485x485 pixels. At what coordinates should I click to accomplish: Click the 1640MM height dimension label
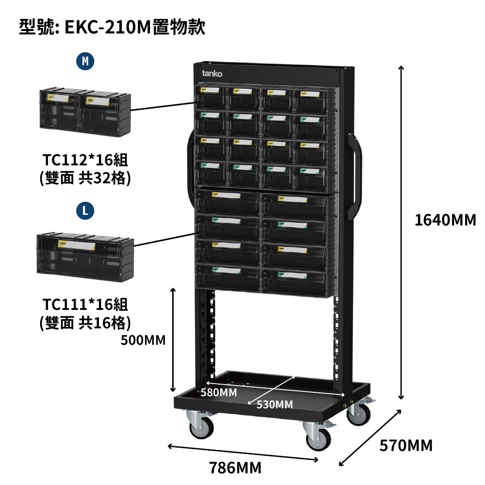click(445, 220)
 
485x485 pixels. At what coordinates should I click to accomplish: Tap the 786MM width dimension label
click(235, 468)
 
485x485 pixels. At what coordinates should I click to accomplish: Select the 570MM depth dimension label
click(406, 445)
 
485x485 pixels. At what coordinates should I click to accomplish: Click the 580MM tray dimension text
click(219, 392)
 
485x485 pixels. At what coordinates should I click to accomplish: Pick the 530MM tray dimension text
click(275, 404)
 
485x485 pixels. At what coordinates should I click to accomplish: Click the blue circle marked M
click(85, 61)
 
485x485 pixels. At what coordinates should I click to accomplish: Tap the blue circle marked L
click(85, 210)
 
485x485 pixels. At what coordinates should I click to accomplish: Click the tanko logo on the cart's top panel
click(212, 74)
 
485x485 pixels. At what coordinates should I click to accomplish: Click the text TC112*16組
click(85, 160)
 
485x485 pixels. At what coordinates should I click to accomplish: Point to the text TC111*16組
click(85, 305)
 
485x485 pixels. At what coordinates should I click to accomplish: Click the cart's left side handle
click(189, 170)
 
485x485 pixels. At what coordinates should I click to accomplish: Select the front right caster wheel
click(318, 436)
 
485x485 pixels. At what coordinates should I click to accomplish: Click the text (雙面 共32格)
click(85, 178)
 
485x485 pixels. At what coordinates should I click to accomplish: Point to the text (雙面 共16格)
click(85, 323)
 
